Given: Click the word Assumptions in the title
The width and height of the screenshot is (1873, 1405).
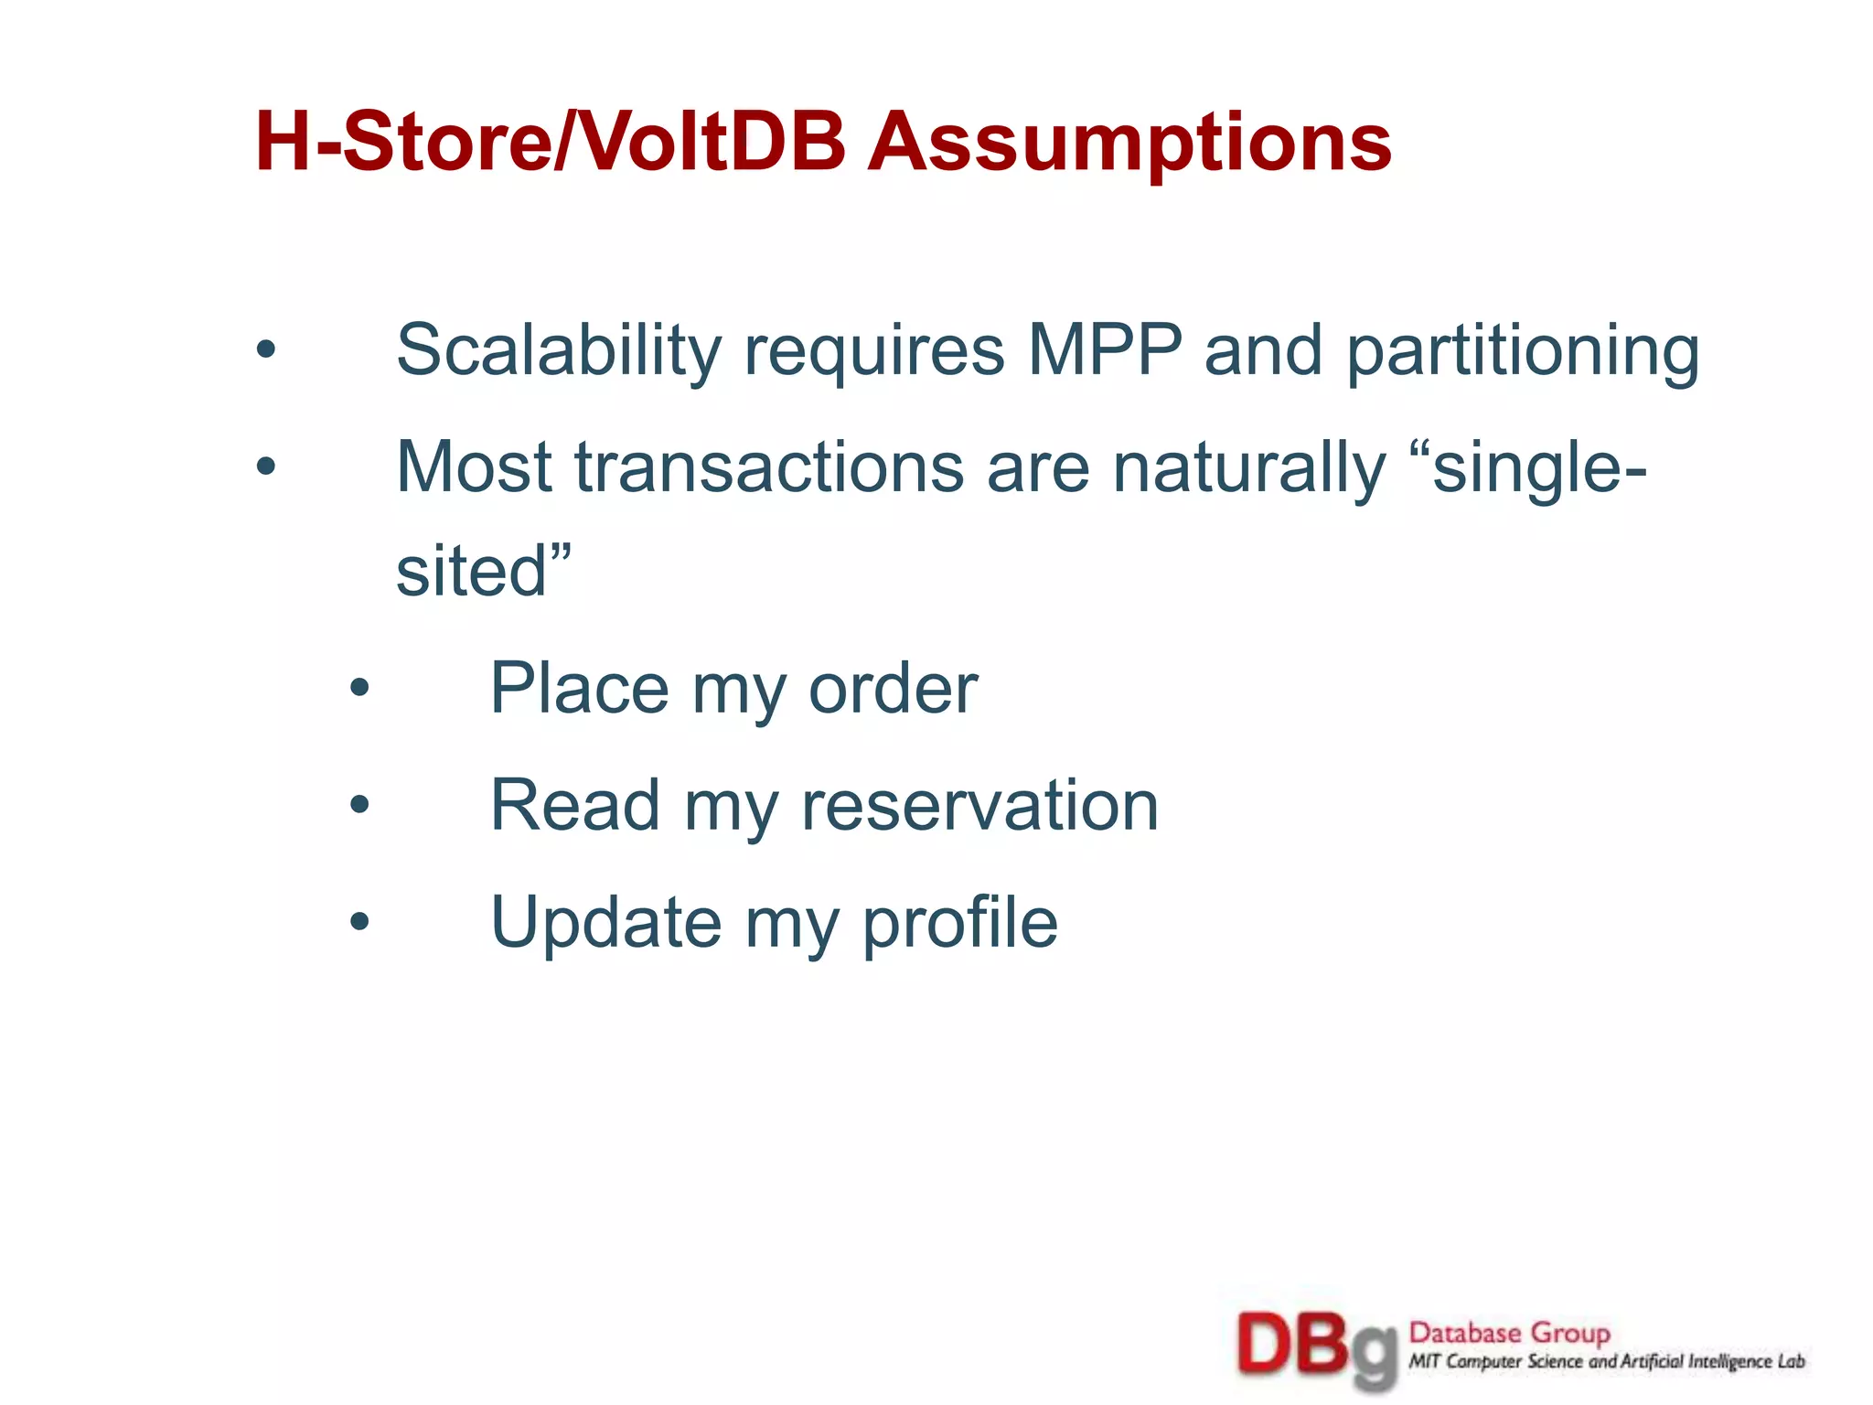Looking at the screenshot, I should click(x=1129, y=144).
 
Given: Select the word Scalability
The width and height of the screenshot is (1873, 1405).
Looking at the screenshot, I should click(x=559, y=351).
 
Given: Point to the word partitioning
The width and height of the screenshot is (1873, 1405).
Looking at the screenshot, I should click(x=1522, y=351).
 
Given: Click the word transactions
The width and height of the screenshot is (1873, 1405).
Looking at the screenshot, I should click(x=768, y=467).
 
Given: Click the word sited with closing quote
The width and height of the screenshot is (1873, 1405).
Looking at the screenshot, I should click(x=484, y=571).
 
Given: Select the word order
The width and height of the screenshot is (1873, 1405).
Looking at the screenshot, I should click(x=893, y=688).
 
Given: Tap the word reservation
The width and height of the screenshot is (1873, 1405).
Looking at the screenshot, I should click(x=979, y=805).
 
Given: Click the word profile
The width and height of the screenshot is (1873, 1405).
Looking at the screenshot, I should click(x=959, y=922).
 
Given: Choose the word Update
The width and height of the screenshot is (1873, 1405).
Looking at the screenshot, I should click(x=605, y=922).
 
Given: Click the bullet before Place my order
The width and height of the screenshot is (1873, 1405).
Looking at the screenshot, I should click(x=359, y=688).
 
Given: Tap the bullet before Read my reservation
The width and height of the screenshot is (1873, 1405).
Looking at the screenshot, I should click(x=359, y=805).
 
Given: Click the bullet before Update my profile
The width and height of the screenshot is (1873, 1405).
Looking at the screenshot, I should click(x=359, y=922).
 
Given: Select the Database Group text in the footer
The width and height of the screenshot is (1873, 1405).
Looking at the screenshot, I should click(x=1509, y=1333).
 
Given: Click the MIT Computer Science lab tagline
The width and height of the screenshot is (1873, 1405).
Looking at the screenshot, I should click(x=1606, y=1362).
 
